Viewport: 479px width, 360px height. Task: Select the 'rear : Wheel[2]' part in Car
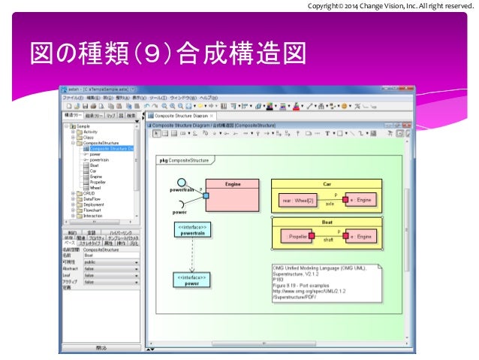click(x=297, y=201)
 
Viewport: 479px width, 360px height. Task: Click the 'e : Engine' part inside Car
click(x=358, y=201)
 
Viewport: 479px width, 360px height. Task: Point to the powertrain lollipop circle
click(x=182, y=182)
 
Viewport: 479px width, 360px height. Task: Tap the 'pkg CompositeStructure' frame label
click(x=185, y=160)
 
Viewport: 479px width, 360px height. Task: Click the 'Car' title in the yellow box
click(x=327, y=183)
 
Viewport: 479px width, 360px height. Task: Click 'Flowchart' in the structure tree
click(x=94, y=210)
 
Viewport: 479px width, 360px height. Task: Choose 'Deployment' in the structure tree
click(x=95, y=204)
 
